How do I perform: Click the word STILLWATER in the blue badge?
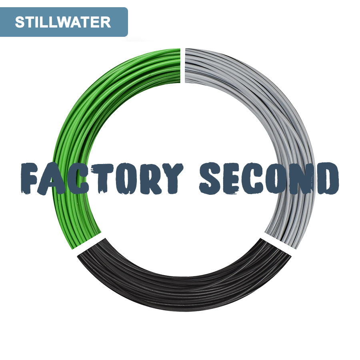pyautogui.click(x=63, y=22)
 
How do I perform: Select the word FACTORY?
pyautogui.click(x=102, y=178)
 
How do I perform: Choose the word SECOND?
pyautogui.click(x=269, y=178)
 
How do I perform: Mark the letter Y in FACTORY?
pyautogui.click(x=172, y=179)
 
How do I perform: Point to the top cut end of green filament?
pyautogui.click(x=180, y=66)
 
